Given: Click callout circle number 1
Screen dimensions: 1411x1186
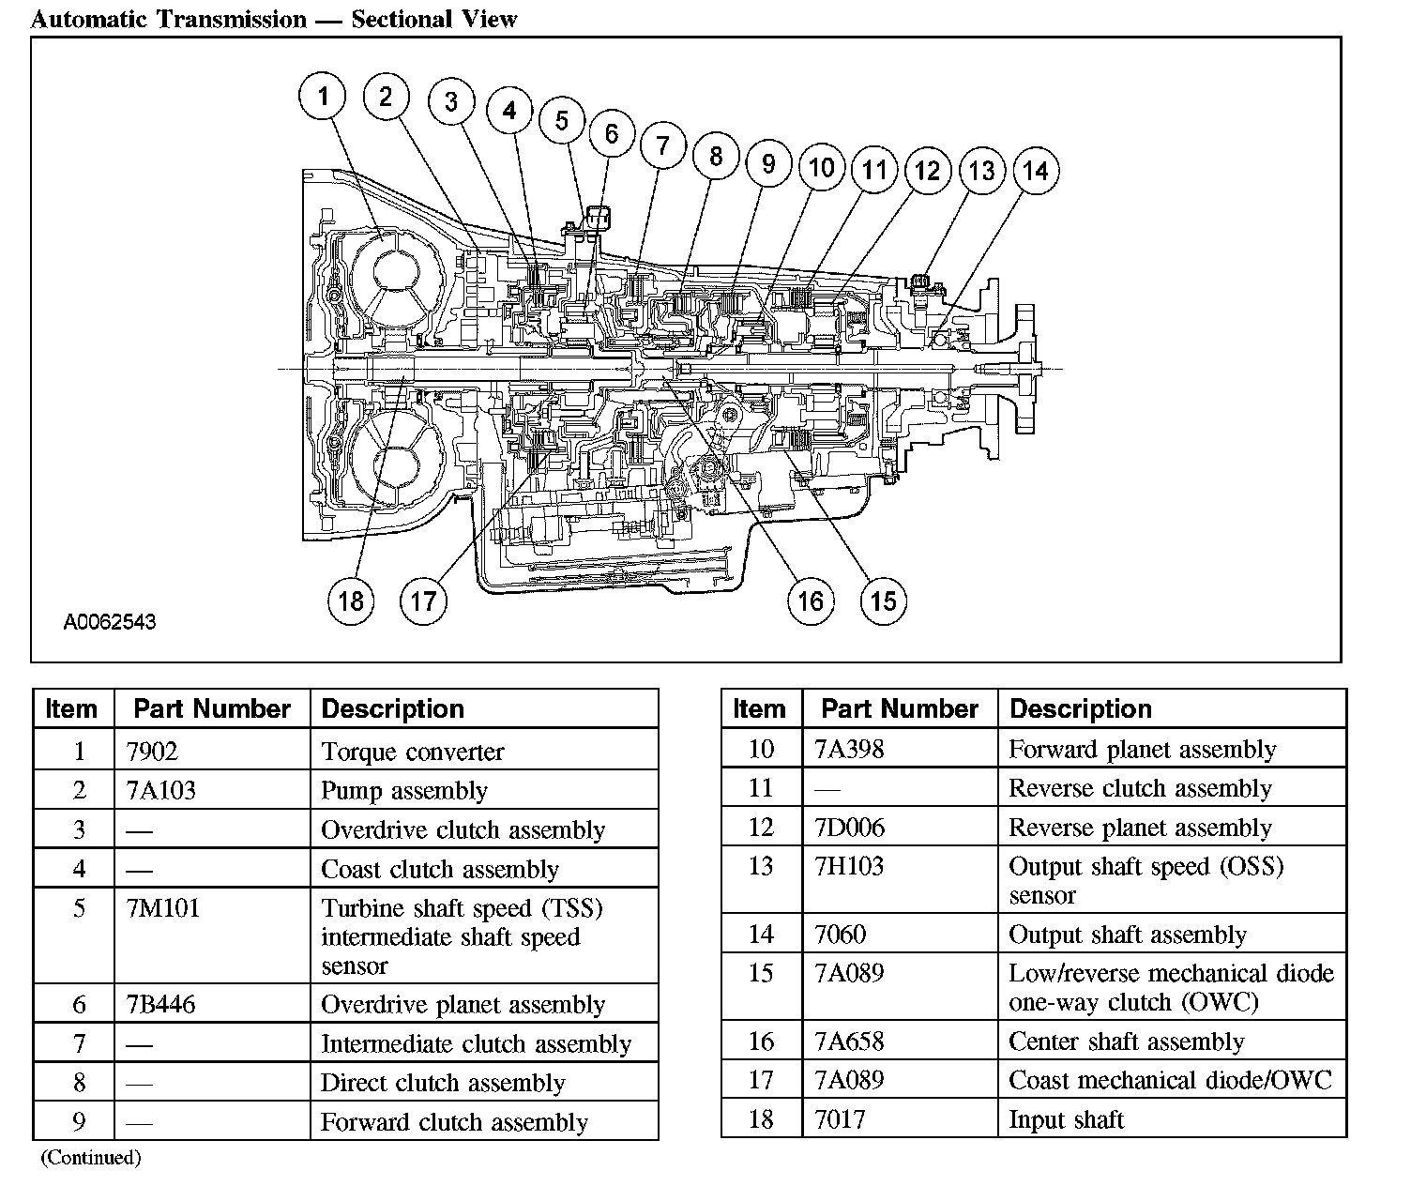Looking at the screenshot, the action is point(323,96).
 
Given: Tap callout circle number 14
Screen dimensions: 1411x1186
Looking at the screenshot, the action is point(1036,171).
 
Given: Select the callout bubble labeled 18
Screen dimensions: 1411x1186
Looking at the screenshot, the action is point(351,601).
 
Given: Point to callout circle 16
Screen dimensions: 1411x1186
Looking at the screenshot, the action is point(811,601).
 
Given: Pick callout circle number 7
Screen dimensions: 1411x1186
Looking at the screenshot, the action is point(663,145).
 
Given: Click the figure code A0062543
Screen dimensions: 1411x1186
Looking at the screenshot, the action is point(110,622).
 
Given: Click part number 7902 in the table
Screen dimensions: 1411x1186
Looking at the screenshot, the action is point(152,751).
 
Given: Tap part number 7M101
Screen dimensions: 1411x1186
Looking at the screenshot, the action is point(163,907).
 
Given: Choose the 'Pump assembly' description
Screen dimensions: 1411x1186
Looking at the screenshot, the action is point(404,791).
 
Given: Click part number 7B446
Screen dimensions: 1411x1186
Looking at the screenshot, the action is point(160,1004).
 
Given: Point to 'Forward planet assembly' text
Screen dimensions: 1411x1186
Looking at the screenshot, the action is point(1142,750).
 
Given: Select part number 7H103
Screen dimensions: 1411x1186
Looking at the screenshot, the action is point(849,866).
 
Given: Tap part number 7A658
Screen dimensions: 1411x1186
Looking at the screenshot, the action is point(849,1041).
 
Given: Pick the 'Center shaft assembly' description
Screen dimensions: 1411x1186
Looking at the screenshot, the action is point(1126,1042).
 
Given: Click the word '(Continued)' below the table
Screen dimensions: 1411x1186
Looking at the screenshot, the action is point(91,1158).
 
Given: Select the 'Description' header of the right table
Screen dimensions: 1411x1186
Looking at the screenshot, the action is point(1081,709).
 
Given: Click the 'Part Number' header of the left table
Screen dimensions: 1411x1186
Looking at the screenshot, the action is point(212,709).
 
